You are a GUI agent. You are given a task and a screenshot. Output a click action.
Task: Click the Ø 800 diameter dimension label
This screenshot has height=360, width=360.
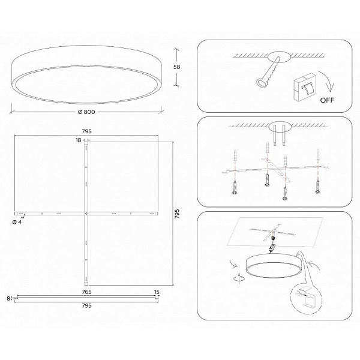(x=86, y=112)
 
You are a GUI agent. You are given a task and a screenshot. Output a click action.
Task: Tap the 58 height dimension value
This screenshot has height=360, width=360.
(x=176, y=67)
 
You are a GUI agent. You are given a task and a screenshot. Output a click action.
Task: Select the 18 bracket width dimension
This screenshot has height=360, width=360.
(x=79, y=140)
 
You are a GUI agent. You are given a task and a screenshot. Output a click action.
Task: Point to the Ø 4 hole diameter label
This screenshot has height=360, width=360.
(x=17, y=222)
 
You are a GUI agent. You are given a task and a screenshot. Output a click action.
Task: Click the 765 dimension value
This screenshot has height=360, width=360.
(x=86, y=292)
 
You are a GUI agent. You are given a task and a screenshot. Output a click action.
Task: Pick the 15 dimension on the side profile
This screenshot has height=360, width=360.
(x=157, y=292)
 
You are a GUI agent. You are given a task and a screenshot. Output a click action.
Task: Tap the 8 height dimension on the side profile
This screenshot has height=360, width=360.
(x=8, y=298)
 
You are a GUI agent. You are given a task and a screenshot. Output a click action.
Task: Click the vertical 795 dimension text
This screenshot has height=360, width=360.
(x=177, y=214)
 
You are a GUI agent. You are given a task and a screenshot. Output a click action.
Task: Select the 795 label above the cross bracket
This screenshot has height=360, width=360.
(x=86, y=131)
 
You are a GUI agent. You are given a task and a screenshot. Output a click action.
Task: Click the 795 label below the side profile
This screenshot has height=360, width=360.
(x=86, y=305)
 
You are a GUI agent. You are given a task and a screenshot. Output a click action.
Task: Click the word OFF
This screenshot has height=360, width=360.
(x=327, y=100)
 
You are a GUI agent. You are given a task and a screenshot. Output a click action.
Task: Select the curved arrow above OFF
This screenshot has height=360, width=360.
(x=327, y=81)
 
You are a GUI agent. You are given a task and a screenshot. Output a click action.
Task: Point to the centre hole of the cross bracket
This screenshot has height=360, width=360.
(x=86, y=214)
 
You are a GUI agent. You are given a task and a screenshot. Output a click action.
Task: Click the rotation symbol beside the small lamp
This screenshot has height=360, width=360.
(x=239, y=278)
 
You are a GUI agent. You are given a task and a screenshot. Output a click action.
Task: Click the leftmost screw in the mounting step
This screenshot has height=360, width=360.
(x=235, y=187)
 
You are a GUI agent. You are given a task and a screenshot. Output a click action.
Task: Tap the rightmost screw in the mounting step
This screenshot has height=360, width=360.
(x=318, y=187)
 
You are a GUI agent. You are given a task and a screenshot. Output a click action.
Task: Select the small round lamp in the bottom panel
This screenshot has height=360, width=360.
(x=274, y=266)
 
